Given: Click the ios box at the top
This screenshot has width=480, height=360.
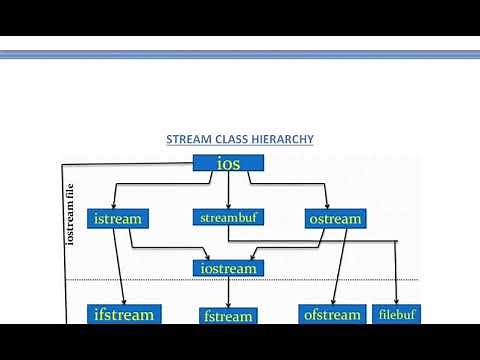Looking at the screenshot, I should coord(228,163).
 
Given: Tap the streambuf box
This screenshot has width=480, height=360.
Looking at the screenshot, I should coord(229,217).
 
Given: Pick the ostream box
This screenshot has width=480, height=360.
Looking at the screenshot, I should coord(334,218).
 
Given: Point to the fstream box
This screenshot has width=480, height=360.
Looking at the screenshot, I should coord(228,316).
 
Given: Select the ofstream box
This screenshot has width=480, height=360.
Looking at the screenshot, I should coord(331,315).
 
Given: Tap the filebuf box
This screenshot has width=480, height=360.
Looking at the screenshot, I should coord(397,314).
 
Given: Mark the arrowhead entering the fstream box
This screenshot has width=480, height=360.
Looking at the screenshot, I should coord(229,304).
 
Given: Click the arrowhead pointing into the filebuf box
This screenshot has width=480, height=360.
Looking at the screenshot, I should coord(397,302).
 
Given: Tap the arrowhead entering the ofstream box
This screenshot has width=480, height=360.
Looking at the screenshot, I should coord(331,302).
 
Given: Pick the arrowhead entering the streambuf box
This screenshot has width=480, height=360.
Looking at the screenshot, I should coord(229,205).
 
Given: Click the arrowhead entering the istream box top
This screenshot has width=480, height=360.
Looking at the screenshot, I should coord(117,206).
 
